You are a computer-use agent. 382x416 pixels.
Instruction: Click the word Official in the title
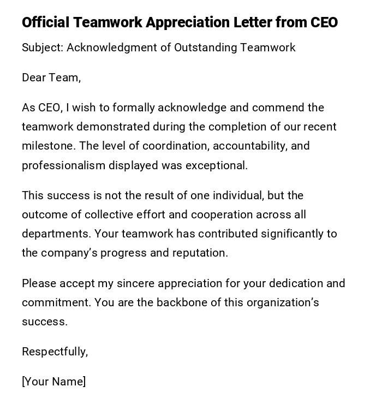tap(45, 22)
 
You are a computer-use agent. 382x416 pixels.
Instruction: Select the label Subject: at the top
tap(43, 48)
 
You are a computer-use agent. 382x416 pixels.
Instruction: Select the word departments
tap(56, 234)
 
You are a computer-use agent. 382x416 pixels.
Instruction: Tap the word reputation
tap(200, 253)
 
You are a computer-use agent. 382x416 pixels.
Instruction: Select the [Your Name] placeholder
tap(53, 382)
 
